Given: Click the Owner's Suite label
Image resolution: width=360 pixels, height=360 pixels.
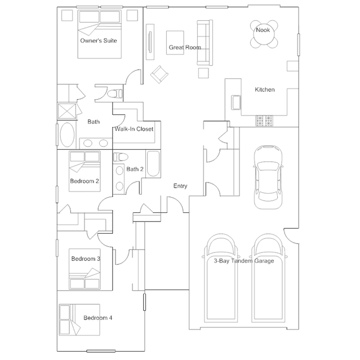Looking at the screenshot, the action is pyautogui.click(x=99, y=41).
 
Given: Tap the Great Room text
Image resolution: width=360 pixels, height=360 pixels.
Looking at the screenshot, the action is pyautogui.click(x=185, y=47).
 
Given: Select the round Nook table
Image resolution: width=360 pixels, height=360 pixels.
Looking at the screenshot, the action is pyautogui.click(x=264, y=34).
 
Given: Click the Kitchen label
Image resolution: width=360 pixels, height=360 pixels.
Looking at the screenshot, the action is pyautogui.click(x=265, y=90).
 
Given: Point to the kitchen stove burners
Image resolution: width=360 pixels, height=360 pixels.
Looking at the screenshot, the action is pyautogui.click(x=264, y=121).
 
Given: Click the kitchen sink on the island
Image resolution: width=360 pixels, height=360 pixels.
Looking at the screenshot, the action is pyautogui.click(x=236, y=103).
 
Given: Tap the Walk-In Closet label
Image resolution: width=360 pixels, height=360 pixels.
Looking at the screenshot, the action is pyautogui.click(x=134, y=129).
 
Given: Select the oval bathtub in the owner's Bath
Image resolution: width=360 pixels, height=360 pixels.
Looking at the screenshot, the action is pyautogui.click(x=67, y=135).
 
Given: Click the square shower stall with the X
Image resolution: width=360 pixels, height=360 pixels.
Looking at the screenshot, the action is pyautogui.click(x=67, y=112).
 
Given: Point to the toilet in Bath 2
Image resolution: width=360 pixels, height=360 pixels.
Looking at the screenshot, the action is pyautogui.click(x=121, y=157).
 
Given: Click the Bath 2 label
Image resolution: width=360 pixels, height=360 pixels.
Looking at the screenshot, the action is pyautogui.click(x=135, y=169).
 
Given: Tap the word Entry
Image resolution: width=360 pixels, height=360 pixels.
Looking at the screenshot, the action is pyautogui.click(x=180, y=186).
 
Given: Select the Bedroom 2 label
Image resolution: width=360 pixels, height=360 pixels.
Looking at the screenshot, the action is pyautogui.click(x=85, y=181).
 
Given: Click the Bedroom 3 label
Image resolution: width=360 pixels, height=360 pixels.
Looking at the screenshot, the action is pyautogui.click(x=86, y=259).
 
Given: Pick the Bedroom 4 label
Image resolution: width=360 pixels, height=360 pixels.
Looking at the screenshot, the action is pyautogui.click(x=98, y=318).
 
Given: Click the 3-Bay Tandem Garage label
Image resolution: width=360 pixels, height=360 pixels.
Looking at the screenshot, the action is pyautogui.click(x=244, y=261).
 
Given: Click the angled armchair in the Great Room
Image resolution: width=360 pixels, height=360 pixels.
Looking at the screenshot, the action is pyautogui.click(x=159, y=74).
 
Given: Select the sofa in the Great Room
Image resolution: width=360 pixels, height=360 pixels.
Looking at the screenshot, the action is pyautogui.click(x=205, y=43).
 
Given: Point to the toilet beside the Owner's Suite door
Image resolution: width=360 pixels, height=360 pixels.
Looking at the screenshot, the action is pyautogui.click(x=115, y=94).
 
